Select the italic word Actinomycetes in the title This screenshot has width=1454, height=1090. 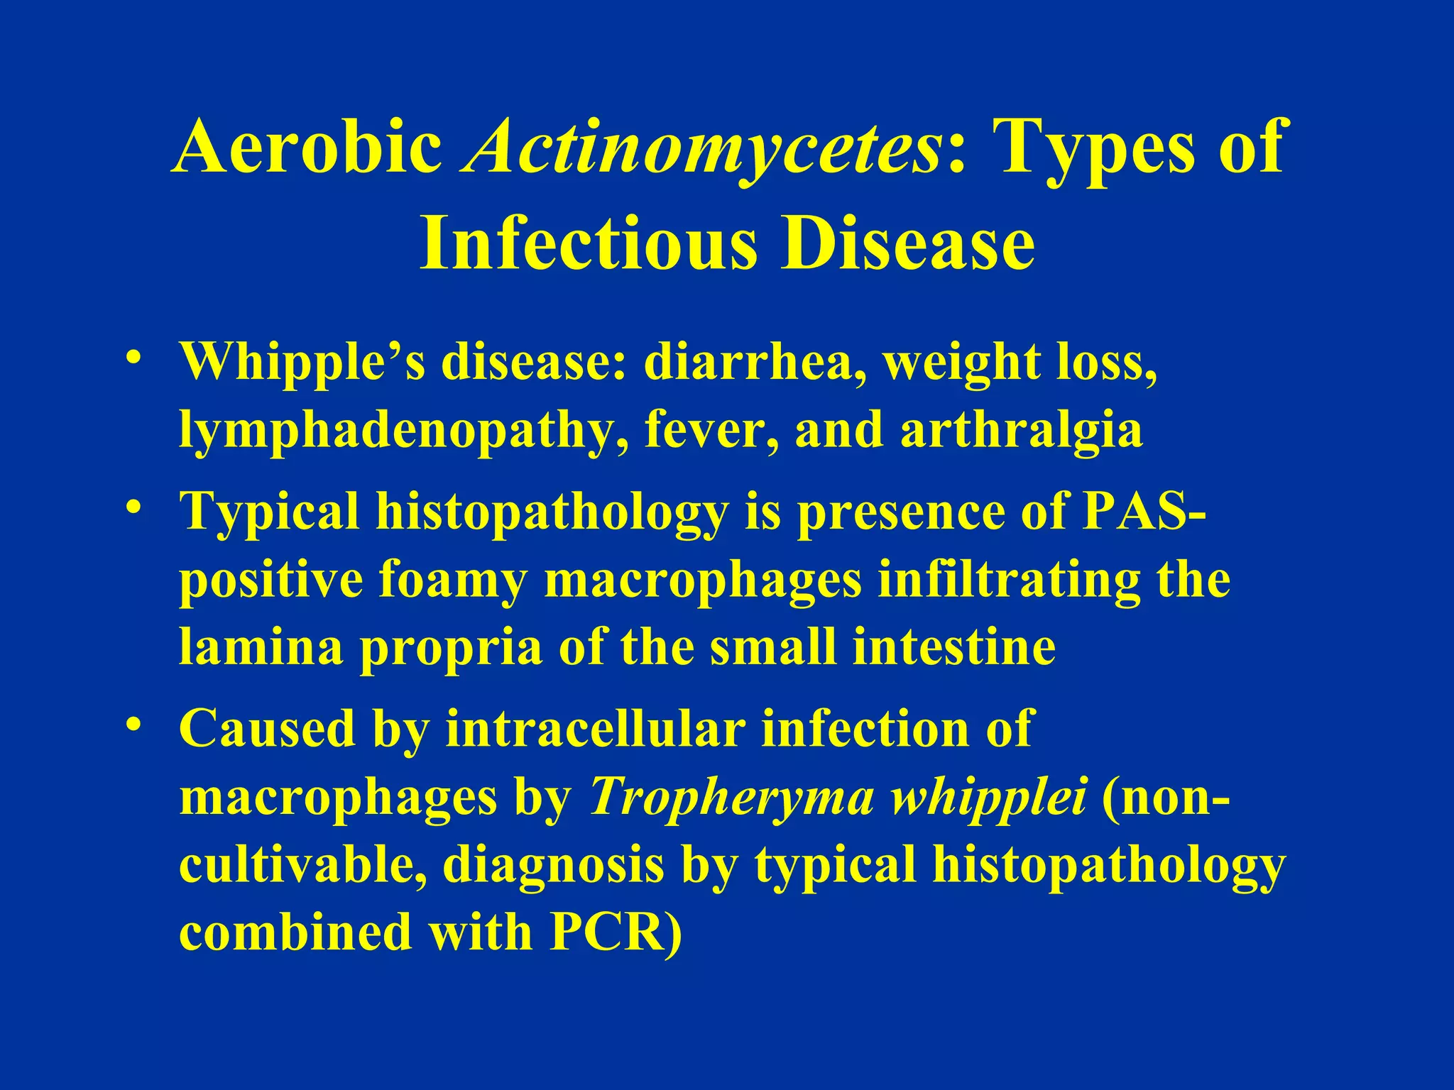703,148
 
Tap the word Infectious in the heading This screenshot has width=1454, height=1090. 589,243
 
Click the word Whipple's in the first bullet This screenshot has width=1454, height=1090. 302,362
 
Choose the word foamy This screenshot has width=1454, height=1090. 452,580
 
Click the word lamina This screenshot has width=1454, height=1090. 261,647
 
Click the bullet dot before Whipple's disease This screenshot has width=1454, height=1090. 131,356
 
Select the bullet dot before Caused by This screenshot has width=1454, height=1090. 131,724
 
